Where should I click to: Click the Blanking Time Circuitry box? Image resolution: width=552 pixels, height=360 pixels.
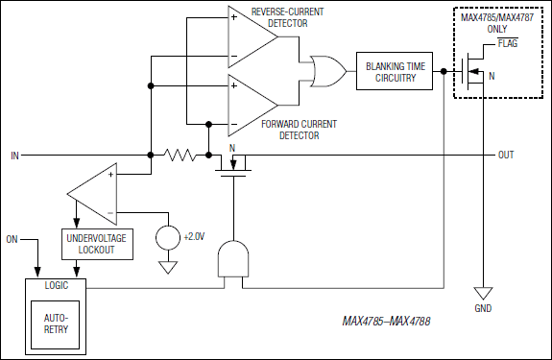[x=391, y=71]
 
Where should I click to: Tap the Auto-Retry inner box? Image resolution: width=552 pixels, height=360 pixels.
[x=55, y=321]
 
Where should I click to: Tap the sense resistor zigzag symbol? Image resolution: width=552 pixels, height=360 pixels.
[x=180, y=155]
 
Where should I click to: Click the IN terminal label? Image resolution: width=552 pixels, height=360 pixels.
[x=14, y=155]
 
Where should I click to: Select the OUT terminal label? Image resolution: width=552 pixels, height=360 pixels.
[x=505, y=155]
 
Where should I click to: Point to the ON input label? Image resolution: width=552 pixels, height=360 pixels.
[x=12, y=237]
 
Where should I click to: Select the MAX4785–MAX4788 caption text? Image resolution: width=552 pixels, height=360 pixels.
[x=386, y=321]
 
